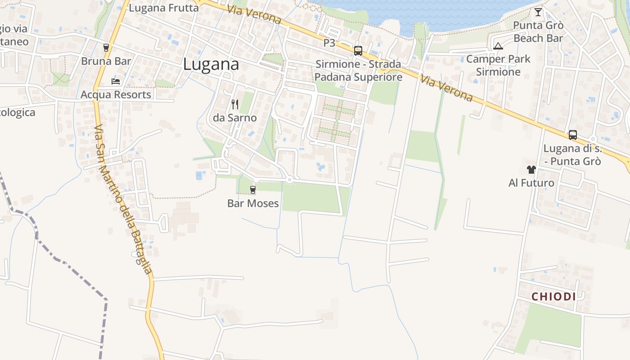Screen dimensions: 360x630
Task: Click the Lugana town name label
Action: tap(211, 64)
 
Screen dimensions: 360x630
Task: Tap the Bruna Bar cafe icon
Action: tap(106, 47)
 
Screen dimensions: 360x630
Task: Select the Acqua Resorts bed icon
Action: tap(116, 81)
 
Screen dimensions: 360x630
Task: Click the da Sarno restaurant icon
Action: tap(234, 104)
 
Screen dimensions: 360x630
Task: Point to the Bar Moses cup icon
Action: tap(253, 190)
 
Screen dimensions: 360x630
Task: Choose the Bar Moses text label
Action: tap(253, 203)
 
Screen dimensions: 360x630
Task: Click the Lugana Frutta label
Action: tap(164, 8)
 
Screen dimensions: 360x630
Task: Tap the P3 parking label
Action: tap(329, 43)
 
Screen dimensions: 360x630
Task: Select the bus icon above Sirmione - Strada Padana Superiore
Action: tap(358, 51)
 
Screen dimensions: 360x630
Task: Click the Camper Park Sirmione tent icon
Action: tap(498, 46)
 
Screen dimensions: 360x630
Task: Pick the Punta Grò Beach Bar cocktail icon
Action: tap(538, 12)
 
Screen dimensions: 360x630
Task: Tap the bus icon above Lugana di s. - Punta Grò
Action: tap(572, 135)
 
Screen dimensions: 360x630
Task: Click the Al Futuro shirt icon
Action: tap(531, 170)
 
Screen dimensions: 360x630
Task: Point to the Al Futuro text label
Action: tap(531, 183)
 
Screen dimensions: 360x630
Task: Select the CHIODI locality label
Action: tap(553, 297)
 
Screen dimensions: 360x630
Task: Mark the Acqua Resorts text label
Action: tap(116, 95)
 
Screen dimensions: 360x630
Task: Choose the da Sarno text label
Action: tap(234, 118)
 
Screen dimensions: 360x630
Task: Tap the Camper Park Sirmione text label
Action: tap(498, 65)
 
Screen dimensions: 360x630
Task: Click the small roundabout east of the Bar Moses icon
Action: tap(290, 180)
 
